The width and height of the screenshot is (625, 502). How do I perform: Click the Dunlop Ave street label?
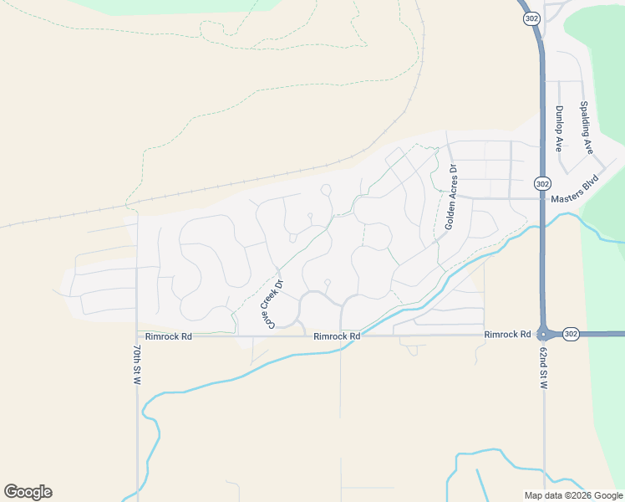[x=559, y=128]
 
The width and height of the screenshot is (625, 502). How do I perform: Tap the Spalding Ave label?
[x=587, y=128]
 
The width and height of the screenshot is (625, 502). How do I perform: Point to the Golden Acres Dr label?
[x=451, y=197]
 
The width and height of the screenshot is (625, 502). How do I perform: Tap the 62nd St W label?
[x=544, y=369]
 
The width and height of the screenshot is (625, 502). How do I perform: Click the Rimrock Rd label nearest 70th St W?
[x=169, y=336]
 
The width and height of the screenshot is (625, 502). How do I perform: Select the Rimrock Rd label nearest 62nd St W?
[x=507, y=335]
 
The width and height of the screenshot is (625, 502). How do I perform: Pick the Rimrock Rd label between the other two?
[x=337, y=336]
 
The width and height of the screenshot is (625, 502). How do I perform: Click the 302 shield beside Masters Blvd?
[x=542, y=183]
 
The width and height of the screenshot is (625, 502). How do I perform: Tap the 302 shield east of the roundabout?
[x=569, y=333]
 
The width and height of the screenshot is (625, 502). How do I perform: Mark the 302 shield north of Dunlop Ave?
[x=531, y=18]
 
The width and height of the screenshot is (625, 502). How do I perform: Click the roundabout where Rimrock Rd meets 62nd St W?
[x=544, y=333]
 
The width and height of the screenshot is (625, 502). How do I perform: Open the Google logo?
[x=28, y=492]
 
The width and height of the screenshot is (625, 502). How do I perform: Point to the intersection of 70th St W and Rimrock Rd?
[x=136, y=336]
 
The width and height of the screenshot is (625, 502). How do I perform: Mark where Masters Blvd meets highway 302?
[x=542, y=198]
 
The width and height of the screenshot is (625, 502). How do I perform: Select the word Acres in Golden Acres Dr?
[x=451, y=197]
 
